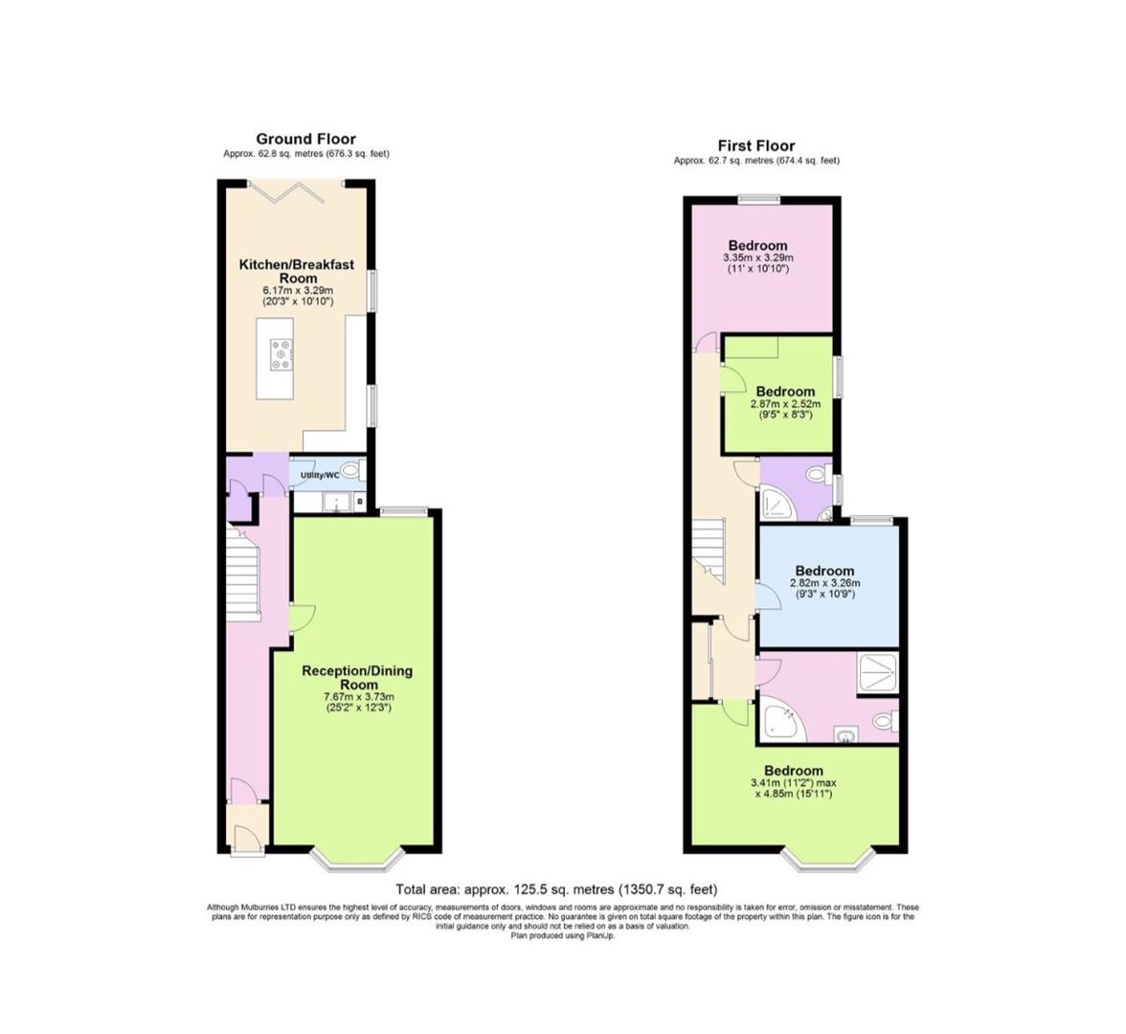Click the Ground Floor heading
[x=305, y=139]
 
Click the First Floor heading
[x=756, y=146]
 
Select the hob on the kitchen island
[x=281, y=355]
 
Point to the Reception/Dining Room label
[x=358, y=678]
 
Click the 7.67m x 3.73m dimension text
[x=358, y=697]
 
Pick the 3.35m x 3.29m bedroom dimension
[x=757, y=258]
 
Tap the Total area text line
[x=556, y=889]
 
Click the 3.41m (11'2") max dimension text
[x=794, y=782]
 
